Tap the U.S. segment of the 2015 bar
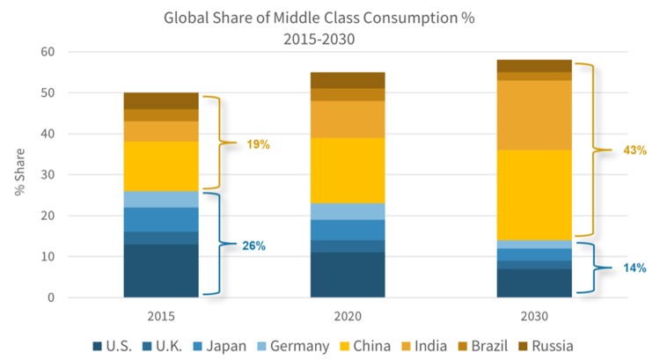click(x=161, y=270)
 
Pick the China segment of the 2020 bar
click(x=348, y=171)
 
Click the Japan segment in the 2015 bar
click(x=161, y=220)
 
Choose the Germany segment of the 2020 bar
click(x=348, y=211)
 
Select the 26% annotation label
click(x=255, y=245)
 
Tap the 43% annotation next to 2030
click(x=632, y=151)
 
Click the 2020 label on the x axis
click(x=348, y=315)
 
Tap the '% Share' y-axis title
click(x=20, y=174)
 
